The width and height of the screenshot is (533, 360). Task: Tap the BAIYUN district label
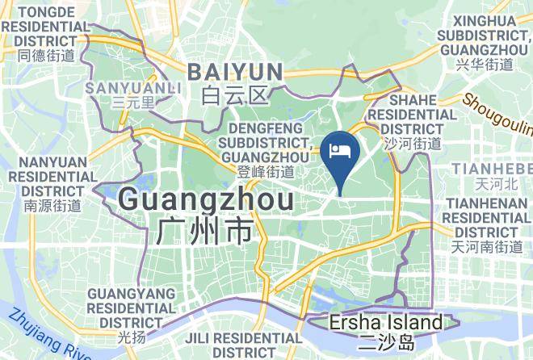tap(235, 72)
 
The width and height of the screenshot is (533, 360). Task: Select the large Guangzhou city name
tap(206, 198)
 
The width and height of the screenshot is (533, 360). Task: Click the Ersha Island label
tap(386, 323)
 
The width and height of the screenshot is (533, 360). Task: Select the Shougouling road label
tap(499, 113)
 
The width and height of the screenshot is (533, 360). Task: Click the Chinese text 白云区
tap(235, 96)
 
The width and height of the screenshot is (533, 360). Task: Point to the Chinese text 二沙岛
tap(386, 341)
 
